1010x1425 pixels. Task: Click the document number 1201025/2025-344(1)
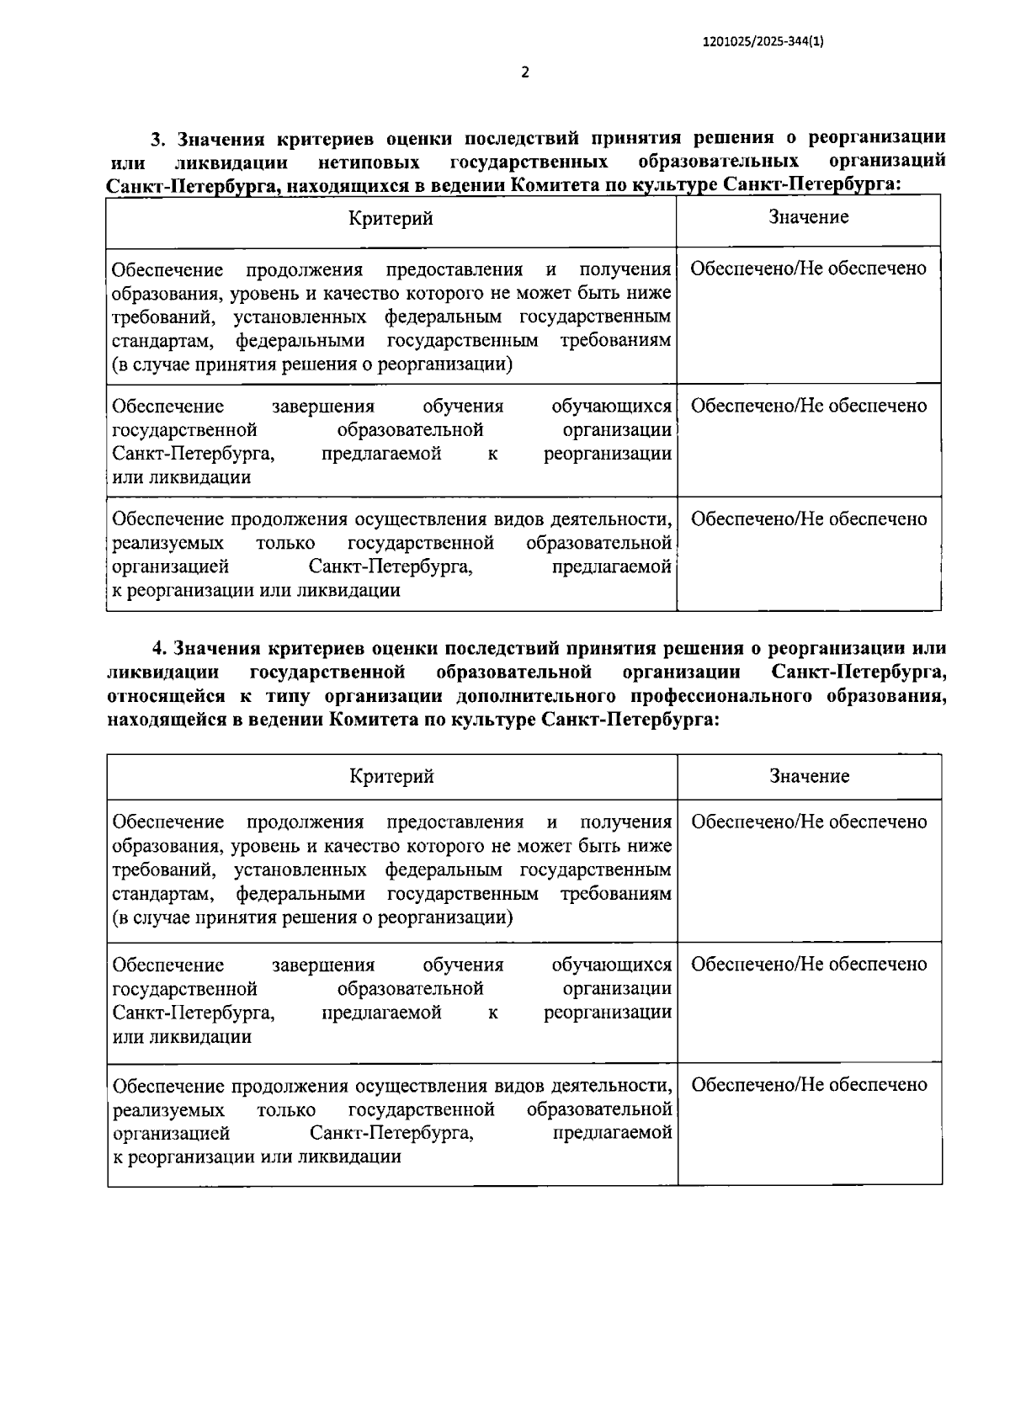762,40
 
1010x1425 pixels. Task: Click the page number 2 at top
525,72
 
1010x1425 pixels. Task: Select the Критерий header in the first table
391,219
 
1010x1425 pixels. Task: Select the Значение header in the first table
809,217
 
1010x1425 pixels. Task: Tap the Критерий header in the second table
392,776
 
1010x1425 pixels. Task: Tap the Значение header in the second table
810,776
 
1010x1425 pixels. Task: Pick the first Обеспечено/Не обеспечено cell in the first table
809,269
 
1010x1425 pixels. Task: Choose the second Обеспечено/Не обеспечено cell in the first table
809,406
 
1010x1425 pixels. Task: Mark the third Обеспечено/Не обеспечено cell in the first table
809,518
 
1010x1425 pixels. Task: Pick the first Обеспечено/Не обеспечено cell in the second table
809,822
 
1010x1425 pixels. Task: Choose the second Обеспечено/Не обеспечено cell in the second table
809,964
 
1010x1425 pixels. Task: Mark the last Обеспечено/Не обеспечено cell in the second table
809,1084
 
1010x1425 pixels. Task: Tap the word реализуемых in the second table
168,1109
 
